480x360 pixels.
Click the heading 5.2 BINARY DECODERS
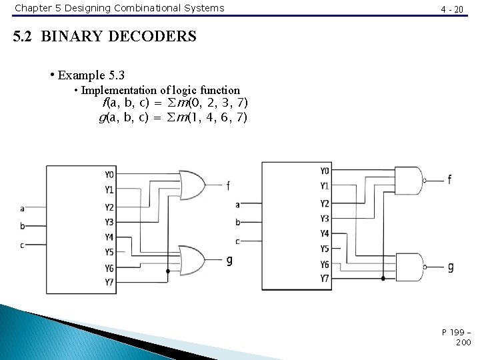point(105,37)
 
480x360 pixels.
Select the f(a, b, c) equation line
point(175,103)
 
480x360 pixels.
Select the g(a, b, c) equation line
point(173,117)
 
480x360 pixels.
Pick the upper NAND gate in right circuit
point(409,180)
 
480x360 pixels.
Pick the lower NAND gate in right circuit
point(409,267)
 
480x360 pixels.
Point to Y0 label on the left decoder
point(109,175)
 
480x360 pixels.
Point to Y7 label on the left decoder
point(109,282)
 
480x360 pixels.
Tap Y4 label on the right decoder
point(325,233)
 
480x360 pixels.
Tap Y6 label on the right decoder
point(325,264)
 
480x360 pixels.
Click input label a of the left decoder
point(22,208)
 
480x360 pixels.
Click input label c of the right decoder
point(237,241)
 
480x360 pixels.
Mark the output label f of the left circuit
point(228,185)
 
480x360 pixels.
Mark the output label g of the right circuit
point(451,267)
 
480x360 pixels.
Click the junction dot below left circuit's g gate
point(167,272)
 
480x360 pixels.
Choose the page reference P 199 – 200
point(456,337)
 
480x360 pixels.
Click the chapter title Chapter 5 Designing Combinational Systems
point(119,8)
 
